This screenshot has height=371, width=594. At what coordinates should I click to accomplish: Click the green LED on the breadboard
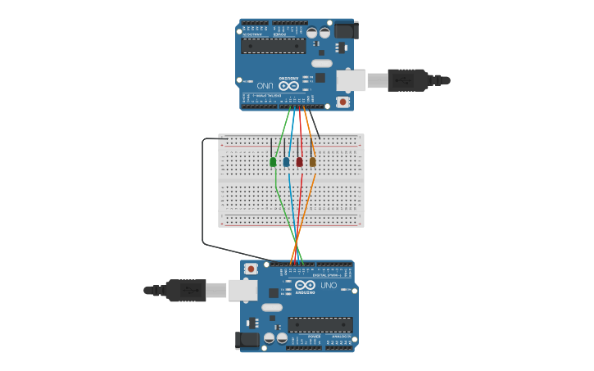pos(273,162)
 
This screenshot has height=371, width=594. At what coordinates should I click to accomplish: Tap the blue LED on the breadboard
pos(286,162)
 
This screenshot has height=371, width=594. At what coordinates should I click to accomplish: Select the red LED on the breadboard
pos(299,162)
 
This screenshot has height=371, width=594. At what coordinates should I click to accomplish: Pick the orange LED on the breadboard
pos(312,162)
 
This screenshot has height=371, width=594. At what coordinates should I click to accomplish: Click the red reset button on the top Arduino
pos(342,102)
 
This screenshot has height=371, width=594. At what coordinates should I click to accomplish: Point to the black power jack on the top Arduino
pos(345,31)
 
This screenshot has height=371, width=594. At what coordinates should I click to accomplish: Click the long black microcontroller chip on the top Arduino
pos(273,45)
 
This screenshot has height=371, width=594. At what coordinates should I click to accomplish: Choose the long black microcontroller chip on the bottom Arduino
pos(320,324)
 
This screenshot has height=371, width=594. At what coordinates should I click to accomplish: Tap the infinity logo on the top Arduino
pos(288,85)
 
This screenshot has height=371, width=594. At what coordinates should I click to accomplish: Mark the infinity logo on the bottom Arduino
pos(305,285)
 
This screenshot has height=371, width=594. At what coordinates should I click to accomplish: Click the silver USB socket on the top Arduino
pos(351,80)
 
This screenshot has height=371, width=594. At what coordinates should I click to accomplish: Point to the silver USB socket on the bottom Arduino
pos(243,290)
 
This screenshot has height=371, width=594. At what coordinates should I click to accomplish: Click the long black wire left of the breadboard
pos(202,192)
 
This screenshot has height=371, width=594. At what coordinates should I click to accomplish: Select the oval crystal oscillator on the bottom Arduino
pos(272,307)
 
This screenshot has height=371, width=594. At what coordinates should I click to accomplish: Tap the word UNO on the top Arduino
pos(265,85)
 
